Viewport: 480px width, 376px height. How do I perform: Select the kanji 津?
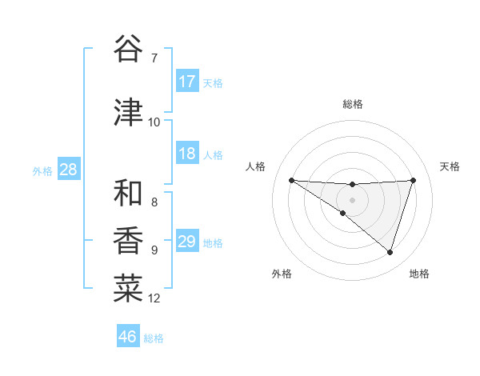click(129, 113)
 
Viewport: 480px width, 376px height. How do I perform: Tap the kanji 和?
click(129, 193)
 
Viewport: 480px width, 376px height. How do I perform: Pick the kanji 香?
click(129, 241)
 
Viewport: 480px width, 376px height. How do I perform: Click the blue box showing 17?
click(187, 82)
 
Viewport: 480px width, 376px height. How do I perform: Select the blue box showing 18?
click(187, 154)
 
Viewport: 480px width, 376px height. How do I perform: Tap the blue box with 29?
click(187, 242)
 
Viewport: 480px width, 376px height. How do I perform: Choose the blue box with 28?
click(68, 170)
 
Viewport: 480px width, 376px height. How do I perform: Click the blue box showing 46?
click(128, 337)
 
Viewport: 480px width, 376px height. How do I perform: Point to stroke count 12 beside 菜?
click(154, 298)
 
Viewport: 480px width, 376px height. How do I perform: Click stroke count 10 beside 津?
click(154, 122)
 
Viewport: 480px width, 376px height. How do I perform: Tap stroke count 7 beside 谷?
click(154, 58)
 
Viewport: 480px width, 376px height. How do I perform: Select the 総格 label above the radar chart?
click(352, 104)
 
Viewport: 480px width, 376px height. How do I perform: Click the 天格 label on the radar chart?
click(450, 166)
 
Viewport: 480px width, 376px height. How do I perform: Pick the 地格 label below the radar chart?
click(419, 274)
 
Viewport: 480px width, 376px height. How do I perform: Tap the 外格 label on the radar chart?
click(282, 274)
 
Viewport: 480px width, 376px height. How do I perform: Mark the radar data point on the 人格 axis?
click(291, 180)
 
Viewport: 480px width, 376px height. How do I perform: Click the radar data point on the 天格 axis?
click(413, 180)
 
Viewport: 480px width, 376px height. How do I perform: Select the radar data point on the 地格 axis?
click(390, 252)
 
